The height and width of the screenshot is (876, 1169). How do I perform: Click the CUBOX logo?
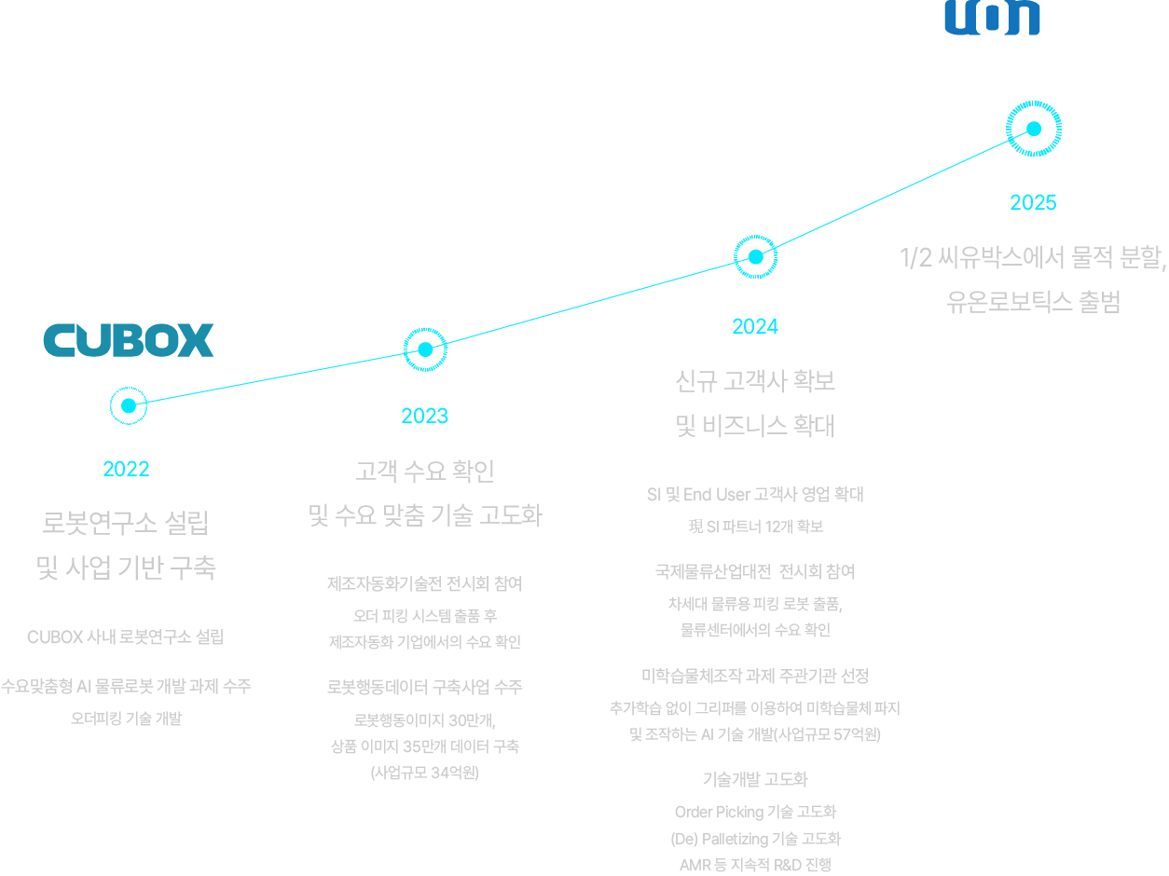129,340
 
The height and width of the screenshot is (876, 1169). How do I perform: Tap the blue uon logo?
992,18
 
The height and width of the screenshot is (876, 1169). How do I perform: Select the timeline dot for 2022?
129,406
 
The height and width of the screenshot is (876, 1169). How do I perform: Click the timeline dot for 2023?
425,349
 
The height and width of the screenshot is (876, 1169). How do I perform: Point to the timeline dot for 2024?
755,257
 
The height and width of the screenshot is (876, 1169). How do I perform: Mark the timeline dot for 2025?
1034,129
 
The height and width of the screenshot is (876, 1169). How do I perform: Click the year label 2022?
126,470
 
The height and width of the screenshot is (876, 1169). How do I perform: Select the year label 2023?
424,417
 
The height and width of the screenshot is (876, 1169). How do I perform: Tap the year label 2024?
755,327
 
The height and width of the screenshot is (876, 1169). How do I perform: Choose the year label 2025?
1033,203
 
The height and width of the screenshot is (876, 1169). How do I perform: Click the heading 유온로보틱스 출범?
1033,302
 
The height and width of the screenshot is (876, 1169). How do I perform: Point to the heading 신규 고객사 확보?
755,381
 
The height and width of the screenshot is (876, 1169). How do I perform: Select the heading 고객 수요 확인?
425,471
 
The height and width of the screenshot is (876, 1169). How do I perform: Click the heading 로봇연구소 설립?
126,523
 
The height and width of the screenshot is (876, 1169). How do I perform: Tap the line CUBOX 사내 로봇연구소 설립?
126,637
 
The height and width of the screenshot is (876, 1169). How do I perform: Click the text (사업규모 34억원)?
425,773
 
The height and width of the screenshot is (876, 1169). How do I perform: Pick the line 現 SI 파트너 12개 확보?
756,527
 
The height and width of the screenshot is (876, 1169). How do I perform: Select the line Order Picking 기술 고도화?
756,812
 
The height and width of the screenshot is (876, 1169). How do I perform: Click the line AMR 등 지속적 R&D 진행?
756,865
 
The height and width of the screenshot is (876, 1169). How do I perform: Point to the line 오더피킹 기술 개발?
126,719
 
